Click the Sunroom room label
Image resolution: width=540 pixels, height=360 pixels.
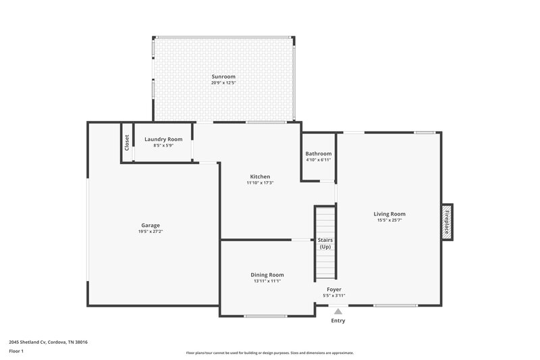[223, 77]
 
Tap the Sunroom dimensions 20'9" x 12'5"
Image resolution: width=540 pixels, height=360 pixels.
[223, 84]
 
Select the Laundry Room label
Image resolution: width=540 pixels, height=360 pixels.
[163, 139]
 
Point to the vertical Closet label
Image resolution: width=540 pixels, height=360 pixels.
[126, 143]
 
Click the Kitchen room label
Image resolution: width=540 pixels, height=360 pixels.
[260, 176]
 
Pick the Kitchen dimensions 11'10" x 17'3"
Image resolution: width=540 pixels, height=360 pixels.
[260, 183]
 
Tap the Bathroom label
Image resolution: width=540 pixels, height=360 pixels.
[319, 153]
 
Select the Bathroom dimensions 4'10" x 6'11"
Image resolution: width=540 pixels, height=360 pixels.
[319, 160]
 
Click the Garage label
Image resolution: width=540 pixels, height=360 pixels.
[151, 225]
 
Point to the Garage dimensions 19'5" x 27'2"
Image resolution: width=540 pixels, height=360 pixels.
[151, 232]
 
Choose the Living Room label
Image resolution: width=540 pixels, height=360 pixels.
[389, 213]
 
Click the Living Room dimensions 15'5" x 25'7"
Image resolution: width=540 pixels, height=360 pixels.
[389, 220]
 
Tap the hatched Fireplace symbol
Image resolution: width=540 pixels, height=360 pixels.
[447, 222]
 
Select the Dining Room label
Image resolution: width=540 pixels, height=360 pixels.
[267, 275]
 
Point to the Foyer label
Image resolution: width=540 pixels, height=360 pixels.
[335, 289]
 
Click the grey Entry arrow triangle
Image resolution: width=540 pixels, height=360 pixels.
[338, 311]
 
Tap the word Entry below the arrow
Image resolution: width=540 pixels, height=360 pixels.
[338, 321]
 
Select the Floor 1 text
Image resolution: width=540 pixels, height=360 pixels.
[16, 351]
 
